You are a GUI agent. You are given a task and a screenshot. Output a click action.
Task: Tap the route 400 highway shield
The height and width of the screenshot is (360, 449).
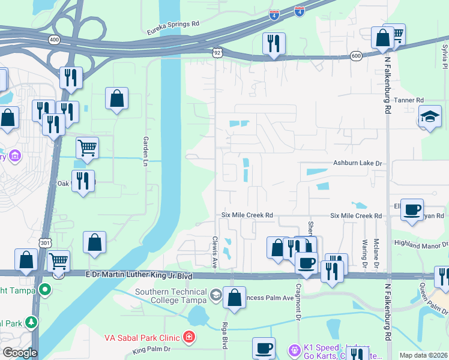[54, 40]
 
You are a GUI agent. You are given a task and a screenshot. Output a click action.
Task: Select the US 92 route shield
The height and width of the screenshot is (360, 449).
[217, 53]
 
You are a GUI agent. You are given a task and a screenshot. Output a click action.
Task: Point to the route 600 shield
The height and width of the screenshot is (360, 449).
[357, 56]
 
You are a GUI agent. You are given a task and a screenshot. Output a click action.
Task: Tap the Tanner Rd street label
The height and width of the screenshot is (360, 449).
[412, 100]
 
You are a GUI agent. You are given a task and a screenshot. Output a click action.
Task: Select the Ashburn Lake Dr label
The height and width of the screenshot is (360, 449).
[358, 163]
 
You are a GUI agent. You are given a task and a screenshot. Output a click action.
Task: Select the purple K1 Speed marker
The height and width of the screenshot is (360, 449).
[295, 349]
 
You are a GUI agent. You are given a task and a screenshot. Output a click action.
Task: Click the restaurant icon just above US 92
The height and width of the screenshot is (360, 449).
[273, 43]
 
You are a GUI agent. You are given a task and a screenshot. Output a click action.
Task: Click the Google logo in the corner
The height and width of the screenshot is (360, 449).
[20, 353]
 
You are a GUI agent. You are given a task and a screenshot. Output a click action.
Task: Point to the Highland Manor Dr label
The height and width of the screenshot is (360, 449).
[421, 244]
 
